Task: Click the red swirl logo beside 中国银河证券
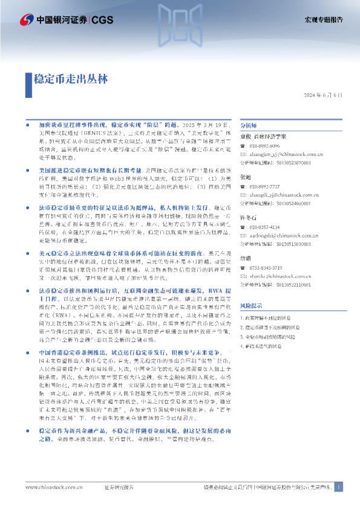coord(27,20)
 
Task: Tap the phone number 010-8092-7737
coord(268,187)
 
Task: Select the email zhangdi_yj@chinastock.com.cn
coord(283,195)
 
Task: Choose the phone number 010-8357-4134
coord(268,227)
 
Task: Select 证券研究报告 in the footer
coord(119,487)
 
